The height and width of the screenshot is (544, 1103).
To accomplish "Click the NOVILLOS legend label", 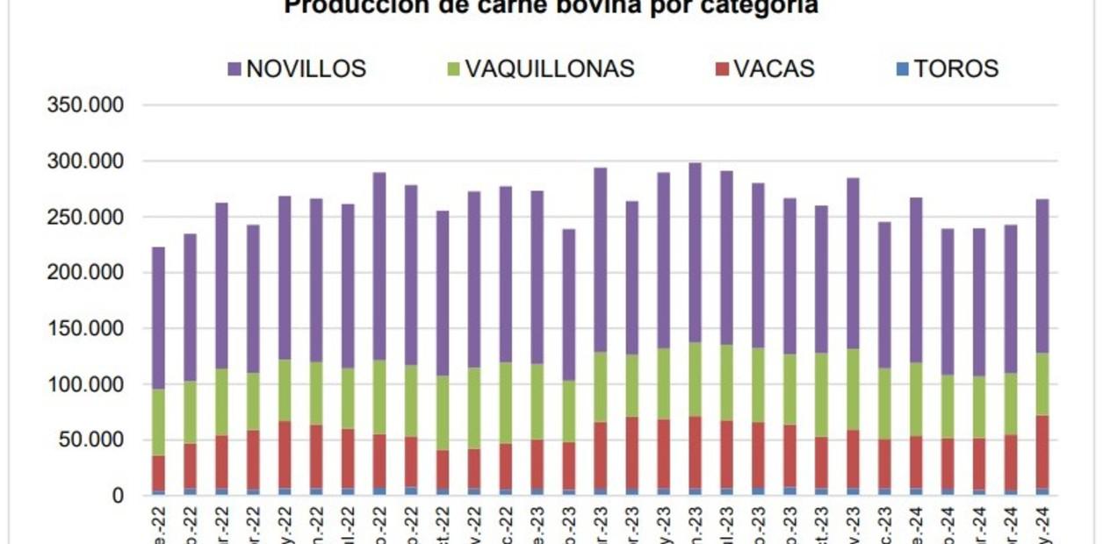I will (306, 68).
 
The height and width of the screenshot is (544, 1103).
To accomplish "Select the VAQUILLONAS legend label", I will (550, 68).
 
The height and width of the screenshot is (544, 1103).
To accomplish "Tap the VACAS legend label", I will (775, 68).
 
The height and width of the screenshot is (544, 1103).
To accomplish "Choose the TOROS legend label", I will (956, 68).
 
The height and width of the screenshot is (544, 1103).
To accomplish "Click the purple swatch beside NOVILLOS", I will (234, 68).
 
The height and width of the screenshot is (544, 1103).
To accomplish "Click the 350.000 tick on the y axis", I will (87, 106).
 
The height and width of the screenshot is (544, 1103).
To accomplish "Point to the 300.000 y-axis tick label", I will (87, 162).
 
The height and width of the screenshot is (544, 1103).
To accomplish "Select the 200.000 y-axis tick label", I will (87, 273).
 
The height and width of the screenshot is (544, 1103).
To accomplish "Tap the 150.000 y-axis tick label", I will (87, 329).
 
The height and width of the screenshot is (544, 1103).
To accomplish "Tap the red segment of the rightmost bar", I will (1042, 452).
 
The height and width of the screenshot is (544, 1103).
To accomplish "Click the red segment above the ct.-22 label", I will (443, 469).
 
